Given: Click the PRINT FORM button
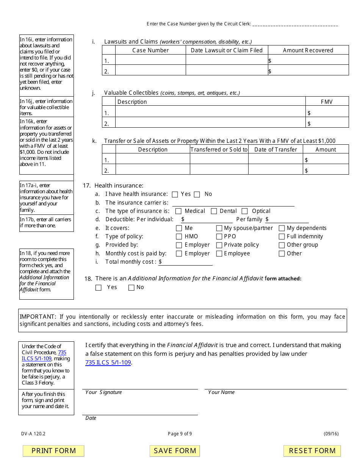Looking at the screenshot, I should [53, 451].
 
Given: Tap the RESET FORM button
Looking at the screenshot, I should [312, 451].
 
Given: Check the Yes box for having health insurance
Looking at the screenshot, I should [175, 194].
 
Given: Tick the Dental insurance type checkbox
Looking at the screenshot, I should [214, 211].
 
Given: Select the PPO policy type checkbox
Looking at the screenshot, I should [219, 236].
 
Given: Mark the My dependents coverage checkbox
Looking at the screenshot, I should [282, 228].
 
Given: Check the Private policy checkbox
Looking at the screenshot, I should [219, 245].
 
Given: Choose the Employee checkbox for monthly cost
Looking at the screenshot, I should [219, 254].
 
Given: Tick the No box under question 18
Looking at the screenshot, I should [131, 288].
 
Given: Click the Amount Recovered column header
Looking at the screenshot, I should [308, 50].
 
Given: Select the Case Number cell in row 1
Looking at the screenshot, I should [150, 60].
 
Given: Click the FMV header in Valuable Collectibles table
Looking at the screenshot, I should [326, 102].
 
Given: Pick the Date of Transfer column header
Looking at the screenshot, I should [275, 149].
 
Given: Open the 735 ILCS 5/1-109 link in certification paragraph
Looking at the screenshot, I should [108, 362].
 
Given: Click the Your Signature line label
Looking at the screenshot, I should [103, 392].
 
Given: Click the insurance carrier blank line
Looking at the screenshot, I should [233, 203].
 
